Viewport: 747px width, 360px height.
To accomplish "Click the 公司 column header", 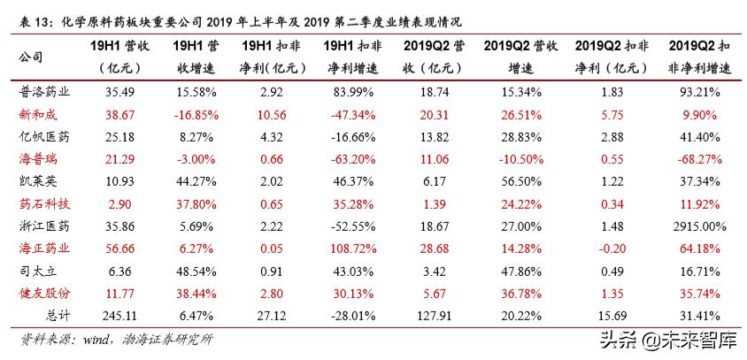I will [29, 56].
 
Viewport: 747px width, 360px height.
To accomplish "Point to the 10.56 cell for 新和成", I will [270, 114].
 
